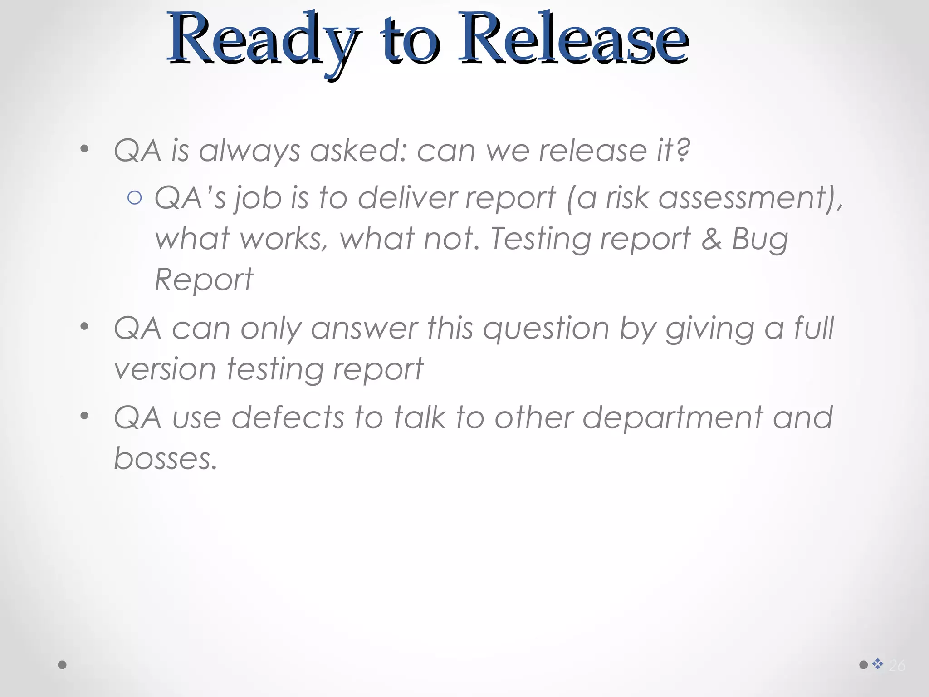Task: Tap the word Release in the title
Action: (x=573, y=41)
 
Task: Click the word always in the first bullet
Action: (x=249, y=151)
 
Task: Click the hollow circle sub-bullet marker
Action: (x=135, y=198)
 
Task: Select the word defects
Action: (x=288, y=417)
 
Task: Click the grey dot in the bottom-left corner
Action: (x=63, y=665)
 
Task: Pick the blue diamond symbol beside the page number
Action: (x=878, y=664)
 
